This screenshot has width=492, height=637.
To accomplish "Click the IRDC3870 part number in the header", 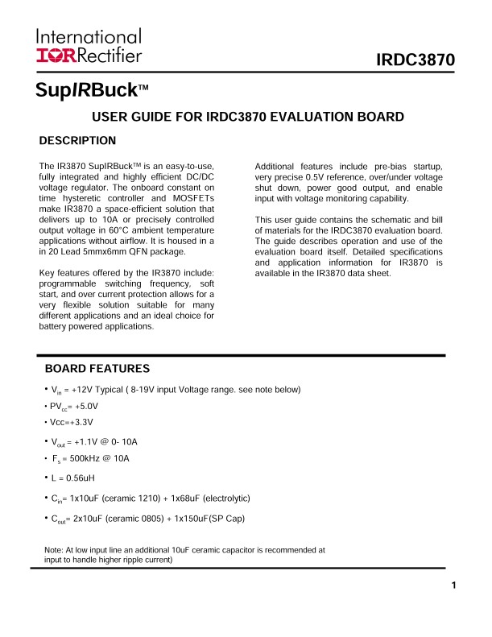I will click(416, 60).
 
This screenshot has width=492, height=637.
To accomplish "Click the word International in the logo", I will click(89, 36).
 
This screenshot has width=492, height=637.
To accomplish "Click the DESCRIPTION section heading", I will click(77, 141).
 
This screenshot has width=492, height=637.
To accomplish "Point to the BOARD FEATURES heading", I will click(97, 369).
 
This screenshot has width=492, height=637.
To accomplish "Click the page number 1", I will click(454, 585).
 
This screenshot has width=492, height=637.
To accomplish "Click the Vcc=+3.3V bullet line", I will click(72, 422).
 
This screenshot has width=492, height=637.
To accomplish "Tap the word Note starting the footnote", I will click(53, 551).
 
